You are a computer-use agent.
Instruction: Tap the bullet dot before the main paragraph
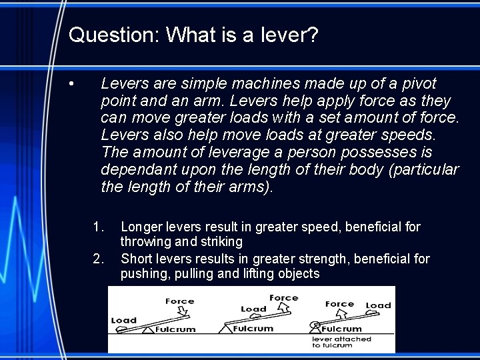tap(72, 84)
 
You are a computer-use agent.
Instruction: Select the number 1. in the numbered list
tap(99, 227)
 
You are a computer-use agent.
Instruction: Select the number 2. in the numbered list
tap(99, 258)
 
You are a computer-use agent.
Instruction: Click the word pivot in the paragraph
tap(417, 84)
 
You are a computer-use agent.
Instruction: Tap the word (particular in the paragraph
tap(422, 170)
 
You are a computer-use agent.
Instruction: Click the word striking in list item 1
tap(221, 242)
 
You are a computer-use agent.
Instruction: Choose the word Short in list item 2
tap(136, 258)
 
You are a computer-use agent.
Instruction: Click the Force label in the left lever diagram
tap(179, 301)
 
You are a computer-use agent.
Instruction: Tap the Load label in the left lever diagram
tap(123, 321)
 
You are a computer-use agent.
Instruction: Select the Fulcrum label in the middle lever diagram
tap(254, 329)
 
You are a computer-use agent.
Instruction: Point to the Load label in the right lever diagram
tap(379, 305)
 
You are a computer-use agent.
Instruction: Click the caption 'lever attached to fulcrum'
tap(341, 342)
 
